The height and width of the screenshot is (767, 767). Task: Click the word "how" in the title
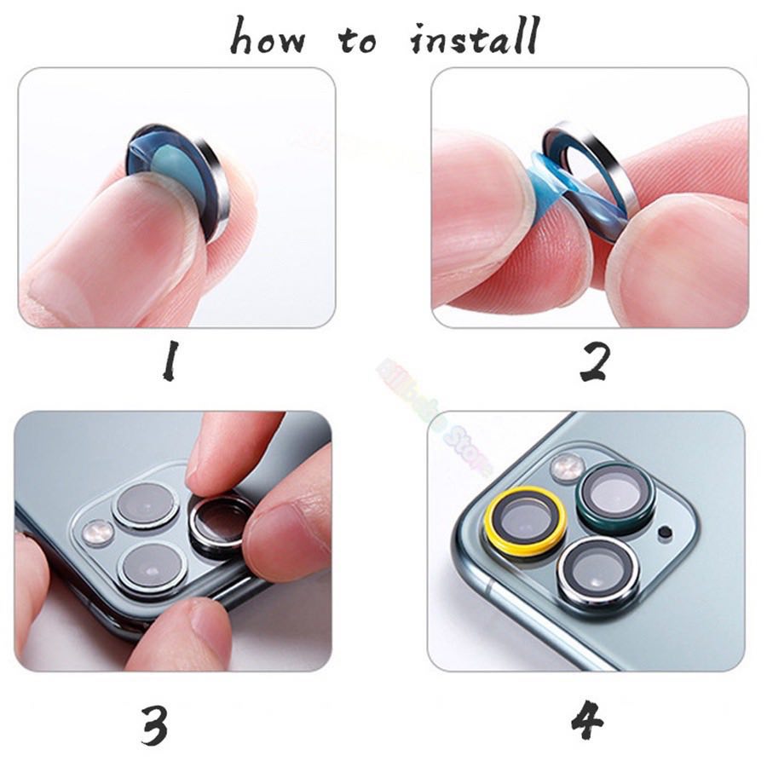point(266,37)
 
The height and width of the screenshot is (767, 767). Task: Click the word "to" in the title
point(359,41)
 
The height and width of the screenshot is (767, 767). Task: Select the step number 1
point(170,360)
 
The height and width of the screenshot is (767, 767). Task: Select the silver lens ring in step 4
point(598,572)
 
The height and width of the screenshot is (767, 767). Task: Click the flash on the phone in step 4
point(567,467)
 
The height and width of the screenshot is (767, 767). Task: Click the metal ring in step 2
point(601,170)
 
